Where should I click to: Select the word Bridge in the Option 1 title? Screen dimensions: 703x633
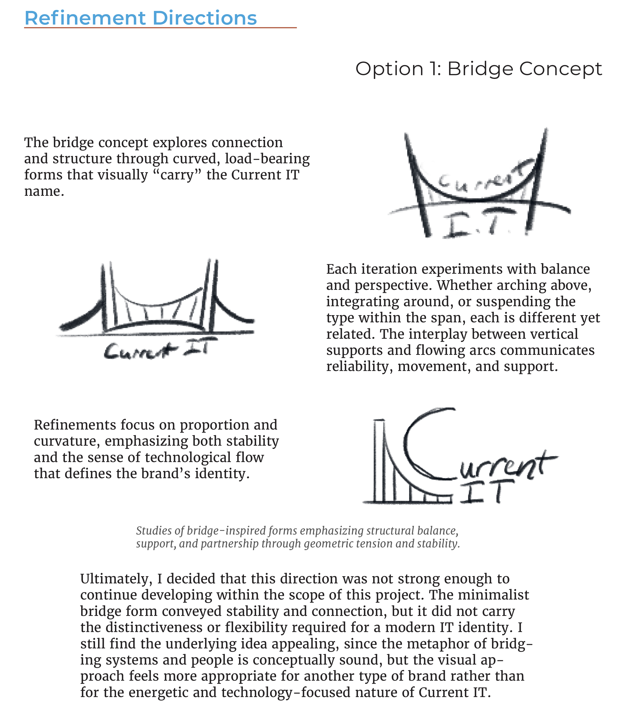(x=480, y=68)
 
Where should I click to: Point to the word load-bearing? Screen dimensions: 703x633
(x=267, y=159)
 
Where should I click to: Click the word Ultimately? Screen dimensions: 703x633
(x=115, y=579)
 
